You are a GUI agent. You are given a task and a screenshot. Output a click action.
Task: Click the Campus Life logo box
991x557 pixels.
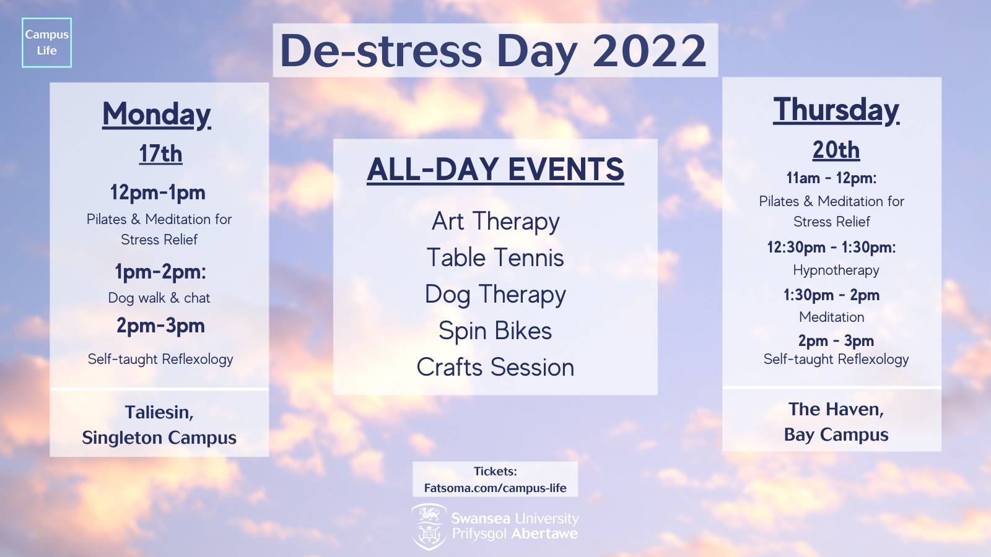pos(46,43)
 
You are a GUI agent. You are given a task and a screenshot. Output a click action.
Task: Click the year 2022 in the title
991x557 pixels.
pos(649,51)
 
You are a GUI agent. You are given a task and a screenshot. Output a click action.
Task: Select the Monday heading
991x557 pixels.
pos(157,114)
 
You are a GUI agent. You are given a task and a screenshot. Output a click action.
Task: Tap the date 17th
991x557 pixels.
pos(160,154)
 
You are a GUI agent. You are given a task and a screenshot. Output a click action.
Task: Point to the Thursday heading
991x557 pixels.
pos(836,110)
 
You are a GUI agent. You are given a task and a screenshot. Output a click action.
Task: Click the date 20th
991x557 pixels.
pos(836,150)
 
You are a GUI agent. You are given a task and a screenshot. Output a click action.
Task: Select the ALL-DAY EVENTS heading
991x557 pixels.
pos(495,170)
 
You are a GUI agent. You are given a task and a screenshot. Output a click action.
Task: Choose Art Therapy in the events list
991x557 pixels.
pos(495,222)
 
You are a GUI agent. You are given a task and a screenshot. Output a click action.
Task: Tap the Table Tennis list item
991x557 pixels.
pos(495,257)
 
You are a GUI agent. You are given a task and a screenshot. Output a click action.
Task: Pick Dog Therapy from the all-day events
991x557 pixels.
pos(495,295)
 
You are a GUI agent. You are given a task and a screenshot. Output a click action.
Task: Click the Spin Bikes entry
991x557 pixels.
pos(495,331)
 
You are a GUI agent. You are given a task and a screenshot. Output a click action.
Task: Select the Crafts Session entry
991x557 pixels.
pos(495,367)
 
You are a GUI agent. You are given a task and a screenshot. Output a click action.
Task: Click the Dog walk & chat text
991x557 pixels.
pos(159,298)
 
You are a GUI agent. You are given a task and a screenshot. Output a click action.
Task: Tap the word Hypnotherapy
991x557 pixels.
pos(836,270)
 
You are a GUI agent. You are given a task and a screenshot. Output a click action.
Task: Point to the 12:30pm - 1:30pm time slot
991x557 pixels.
pos(831,247)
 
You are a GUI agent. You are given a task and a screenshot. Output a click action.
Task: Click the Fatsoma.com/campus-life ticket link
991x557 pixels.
pos(495,488)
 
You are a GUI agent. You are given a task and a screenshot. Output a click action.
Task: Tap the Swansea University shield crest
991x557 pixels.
pos(428,527)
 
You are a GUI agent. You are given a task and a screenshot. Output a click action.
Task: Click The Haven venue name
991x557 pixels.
pos(836,409)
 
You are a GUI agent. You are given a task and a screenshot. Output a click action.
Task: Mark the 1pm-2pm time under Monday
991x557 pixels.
pos(160,272)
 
